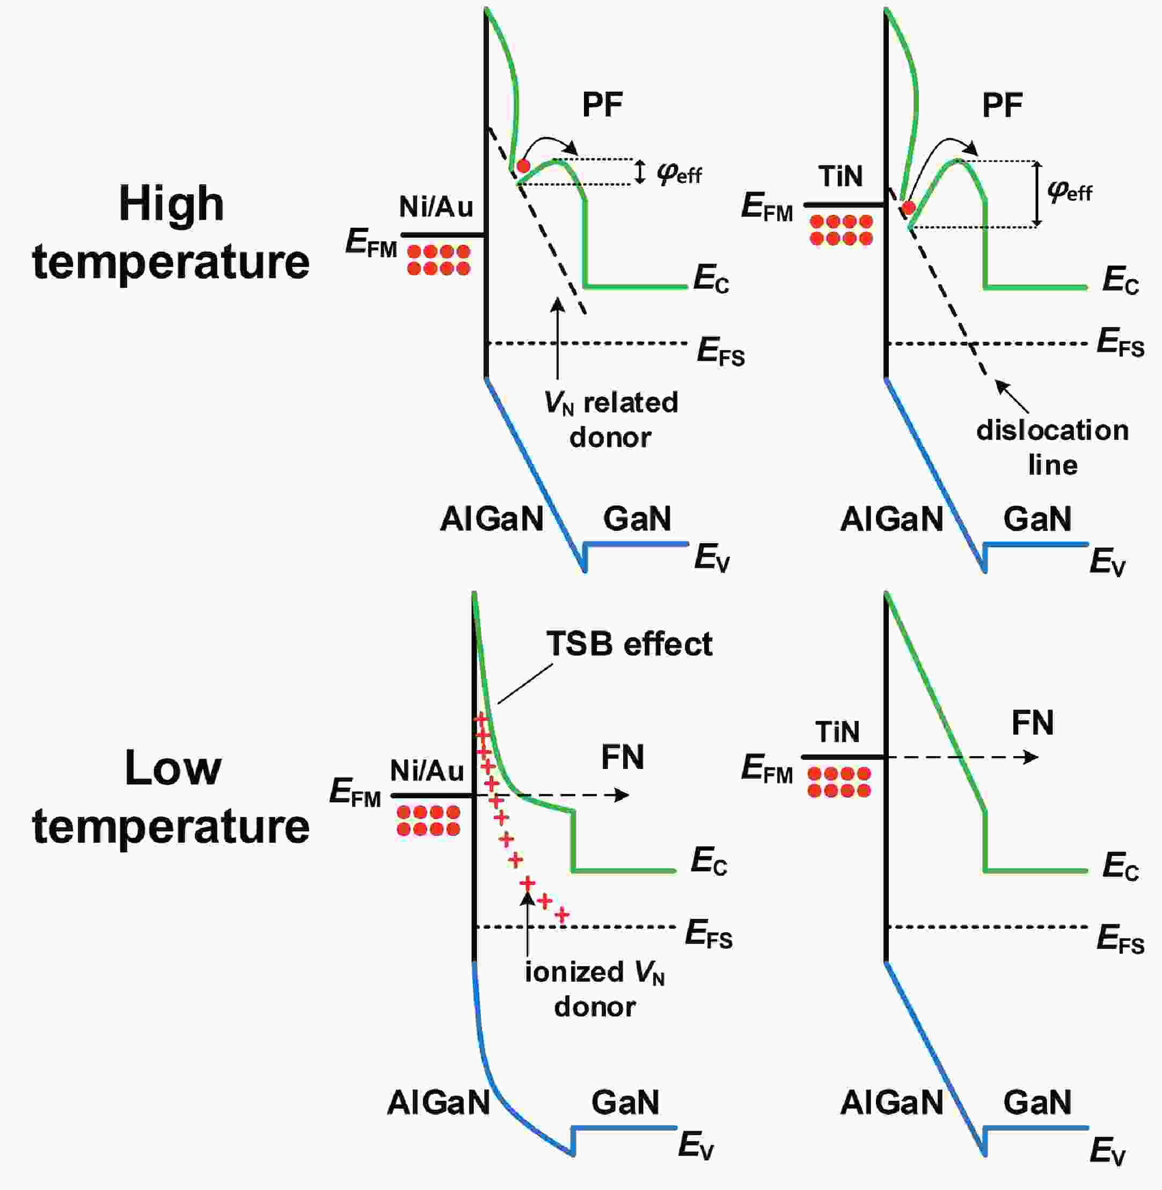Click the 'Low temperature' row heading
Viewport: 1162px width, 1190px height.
click(171, 797)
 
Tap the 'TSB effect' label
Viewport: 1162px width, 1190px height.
click(628, 644)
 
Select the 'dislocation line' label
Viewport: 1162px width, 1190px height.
click(1052, 447)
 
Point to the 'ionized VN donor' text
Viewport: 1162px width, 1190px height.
click(595, 989)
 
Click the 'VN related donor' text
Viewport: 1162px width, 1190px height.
click(610, 420)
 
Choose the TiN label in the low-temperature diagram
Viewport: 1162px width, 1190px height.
click(837, 731)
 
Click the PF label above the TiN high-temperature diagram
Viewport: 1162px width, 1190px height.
click(1002, 106)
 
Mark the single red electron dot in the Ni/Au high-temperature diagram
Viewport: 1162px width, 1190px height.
click(523, 166)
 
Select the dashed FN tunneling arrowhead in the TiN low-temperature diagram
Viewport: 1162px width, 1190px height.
click(1032, 757)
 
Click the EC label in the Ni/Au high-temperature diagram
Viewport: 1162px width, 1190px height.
click(711, 280)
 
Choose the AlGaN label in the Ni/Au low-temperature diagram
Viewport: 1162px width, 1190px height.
click(438, 1102)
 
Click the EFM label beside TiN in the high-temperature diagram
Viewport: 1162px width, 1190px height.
click(767, 206)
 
